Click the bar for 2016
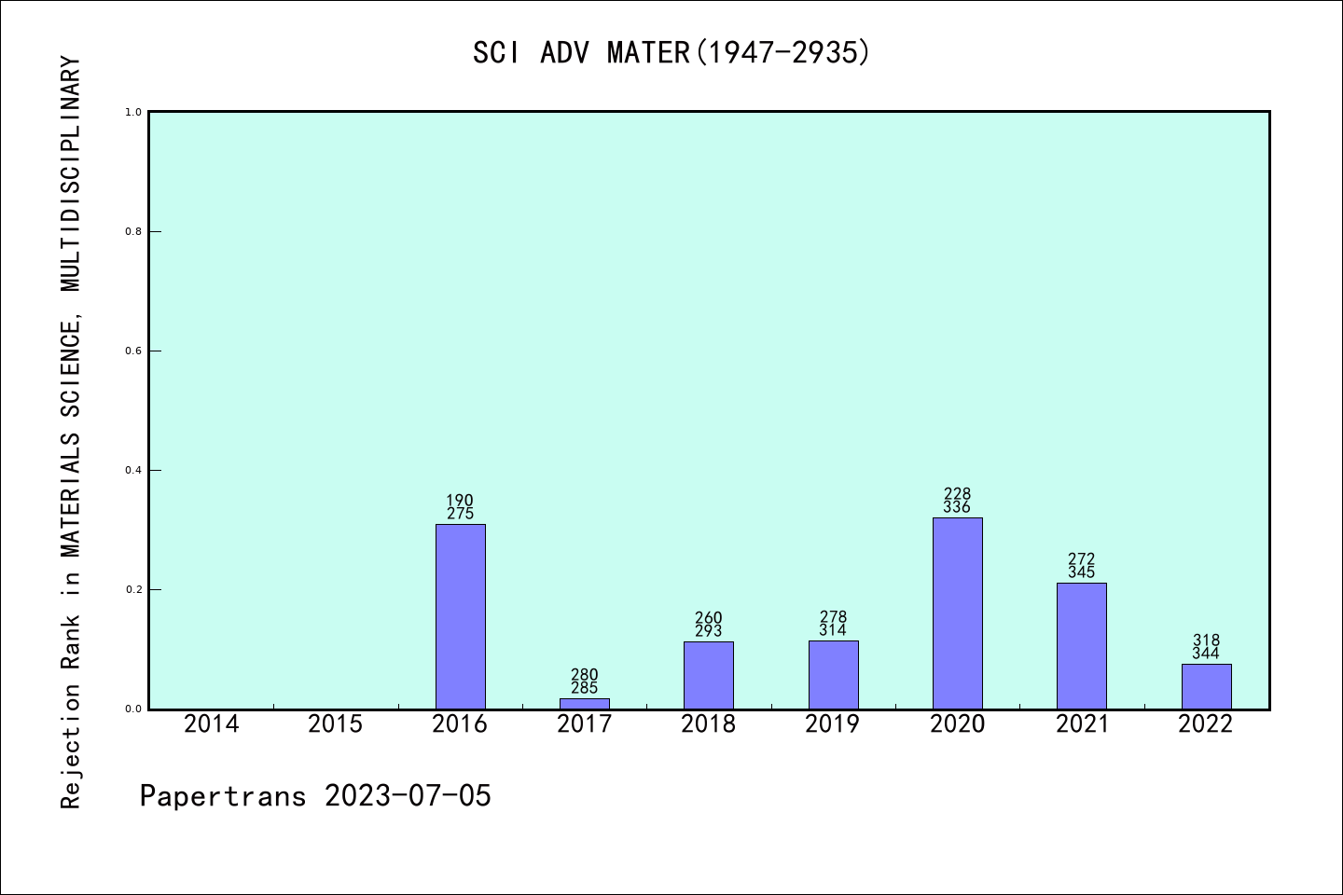[460, 616]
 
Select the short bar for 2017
[584, 703]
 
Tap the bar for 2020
[957, 613]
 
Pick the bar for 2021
[1081, 645]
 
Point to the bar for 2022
[1206, 686]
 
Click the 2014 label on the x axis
[212, 724]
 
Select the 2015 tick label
[336, 724]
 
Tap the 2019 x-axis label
[833, 724]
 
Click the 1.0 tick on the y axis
[133, 112]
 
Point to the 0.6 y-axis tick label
[133, 351]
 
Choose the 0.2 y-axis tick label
[133, 589]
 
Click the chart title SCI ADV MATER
[671, 52]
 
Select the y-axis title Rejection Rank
[71, 433]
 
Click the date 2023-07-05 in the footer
[408, 796]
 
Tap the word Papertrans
[223, 796]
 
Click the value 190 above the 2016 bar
[460, 501]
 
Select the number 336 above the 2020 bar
[957, 507]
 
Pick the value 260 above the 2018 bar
[709, 618]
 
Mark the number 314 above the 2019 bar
[833, 630]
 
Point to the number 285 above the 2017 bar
[584, 688]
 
